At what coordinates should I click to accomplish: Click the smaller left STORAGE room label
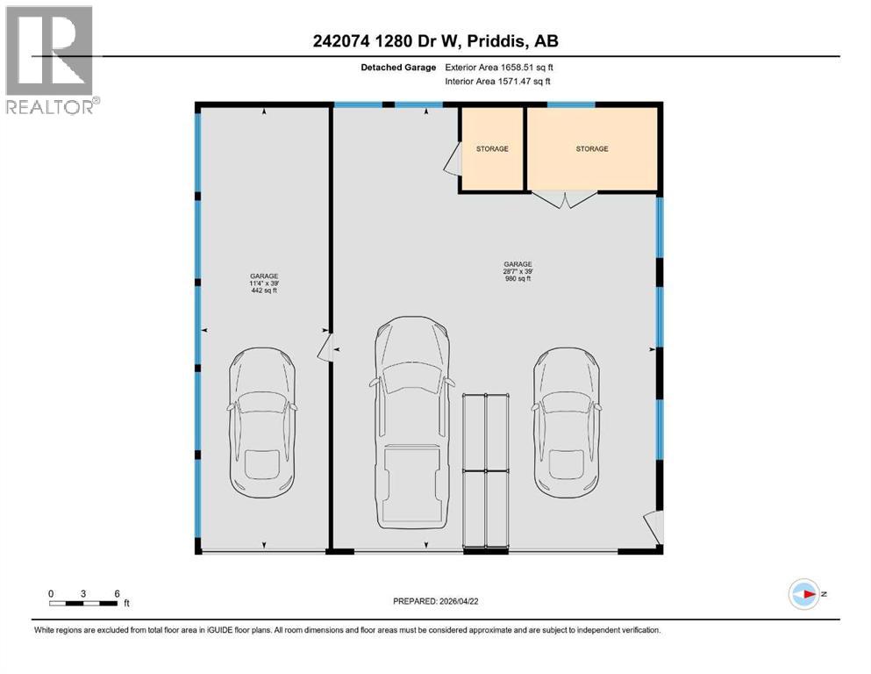492,149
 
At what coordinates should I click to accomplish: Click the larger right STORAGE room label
591,149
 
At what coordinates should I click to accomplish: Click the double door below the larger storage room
567,199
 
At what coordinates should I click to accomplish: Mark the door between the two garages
324,349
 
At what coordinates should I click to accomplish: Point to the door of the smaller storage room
453,159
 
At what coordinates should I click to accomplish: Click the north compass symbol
803,594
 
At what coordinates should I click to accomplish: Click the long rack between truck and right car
487,472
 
